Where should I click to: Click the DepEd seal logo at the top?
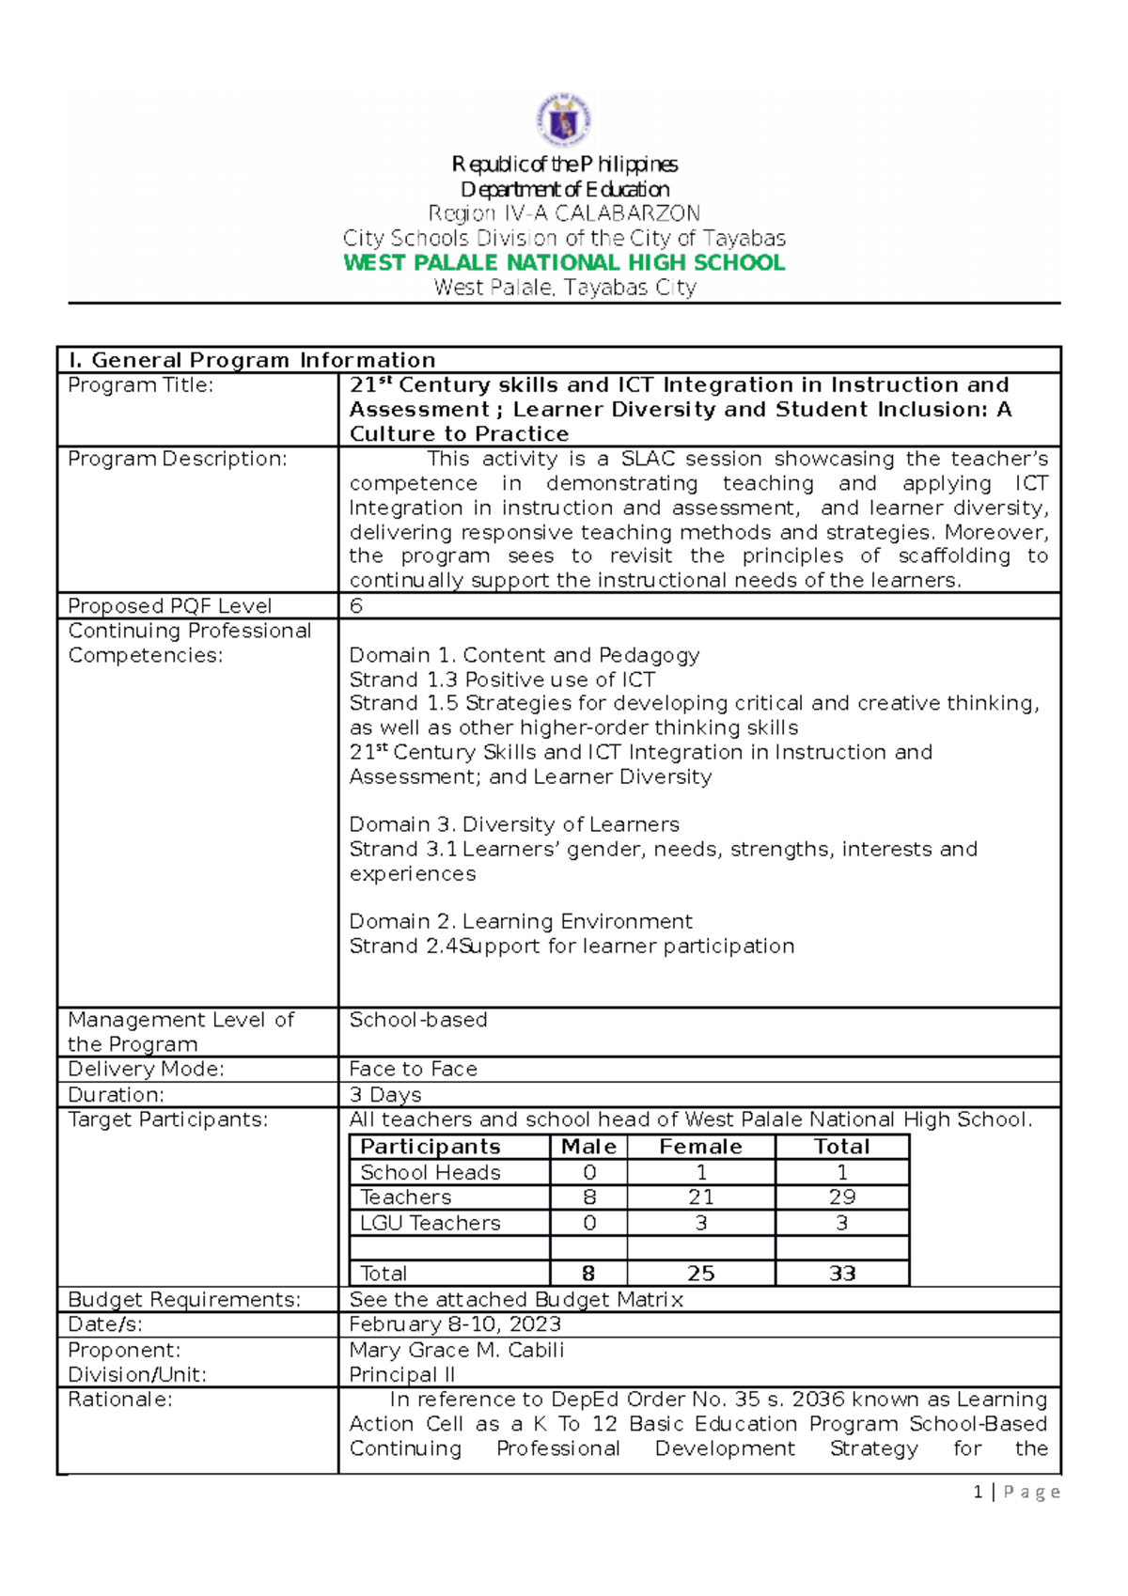click(564, 120)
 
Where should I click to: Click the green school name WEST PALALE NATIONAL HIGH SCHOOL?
click(564, 263)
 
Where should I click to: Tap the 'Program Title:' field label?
click(141, 385)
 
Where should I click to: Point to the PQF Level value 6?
click(356, 606)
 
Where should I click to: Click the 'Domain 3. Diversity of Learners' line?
click(514, 824)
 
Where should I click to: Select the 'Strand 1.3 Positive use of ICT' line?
click(502, 680)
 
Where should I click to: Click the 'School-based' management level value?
click(418, 1020)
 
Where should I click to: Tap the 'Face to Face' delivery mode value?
click(414, 1070)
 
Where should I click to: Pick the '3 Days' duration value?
click(385, 1095)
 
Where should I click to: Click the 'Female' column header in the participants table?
click(700, 1147)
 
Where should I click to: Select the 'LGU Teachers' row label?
click(431, 1223)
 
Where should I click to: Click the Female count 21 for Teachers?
click(700, 1197)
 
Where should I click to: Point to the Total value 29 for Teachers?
click(841, 1197)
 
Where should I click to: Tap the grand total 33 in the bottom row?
click(841, 1274)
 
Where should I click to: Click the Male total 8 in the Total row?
click(588, 1274)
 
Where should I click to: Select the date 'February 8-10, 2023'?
click(455, 1324)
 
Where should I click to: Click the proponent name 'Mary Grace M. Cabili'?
click(457, 1350)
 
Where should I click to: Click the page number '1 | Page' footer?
click(1017, 1492)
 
